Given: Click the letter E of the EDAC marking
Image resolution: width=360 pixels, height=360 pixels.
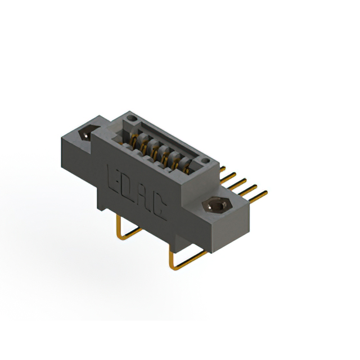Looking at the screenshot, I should tap(113, 177).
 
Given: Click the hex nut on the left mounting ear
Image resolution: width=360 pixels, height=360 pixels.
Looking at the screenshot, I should tap(87, 134).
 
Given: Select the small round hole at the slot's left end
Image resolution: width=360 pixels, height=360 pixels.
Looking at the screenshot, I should tap(132, 119).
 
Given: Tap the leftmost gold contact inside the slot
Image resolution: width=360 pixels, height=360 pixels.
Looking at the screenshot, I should tap(136, 139).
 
